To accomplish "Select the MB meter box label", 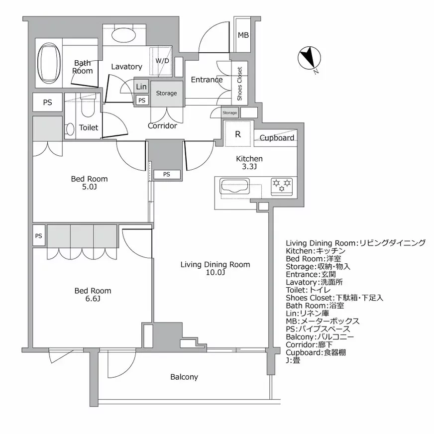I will coord(243,35).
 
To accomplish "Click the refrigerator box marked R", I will coord(238,134).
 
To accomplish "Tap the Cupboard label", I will coord(277,137).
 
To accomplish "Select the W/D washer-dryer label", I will coord(162,61).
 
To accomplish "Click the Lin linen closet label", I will coord(141,87).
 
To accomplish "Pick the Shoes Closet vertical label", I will coord(239,84).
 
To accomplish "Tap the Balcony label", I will coord(184,377).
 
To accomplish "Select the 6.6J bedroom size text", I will coord(93,299).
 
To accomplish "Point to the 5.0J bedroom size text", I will coord(89,187).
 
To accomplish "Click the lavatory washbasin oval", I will coord(124,36).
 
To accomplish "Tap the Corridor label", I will coord(162,126).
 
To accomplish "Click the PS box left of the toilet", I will coord(47,103).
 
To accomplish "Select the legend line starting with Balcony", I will coord(320,336).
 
